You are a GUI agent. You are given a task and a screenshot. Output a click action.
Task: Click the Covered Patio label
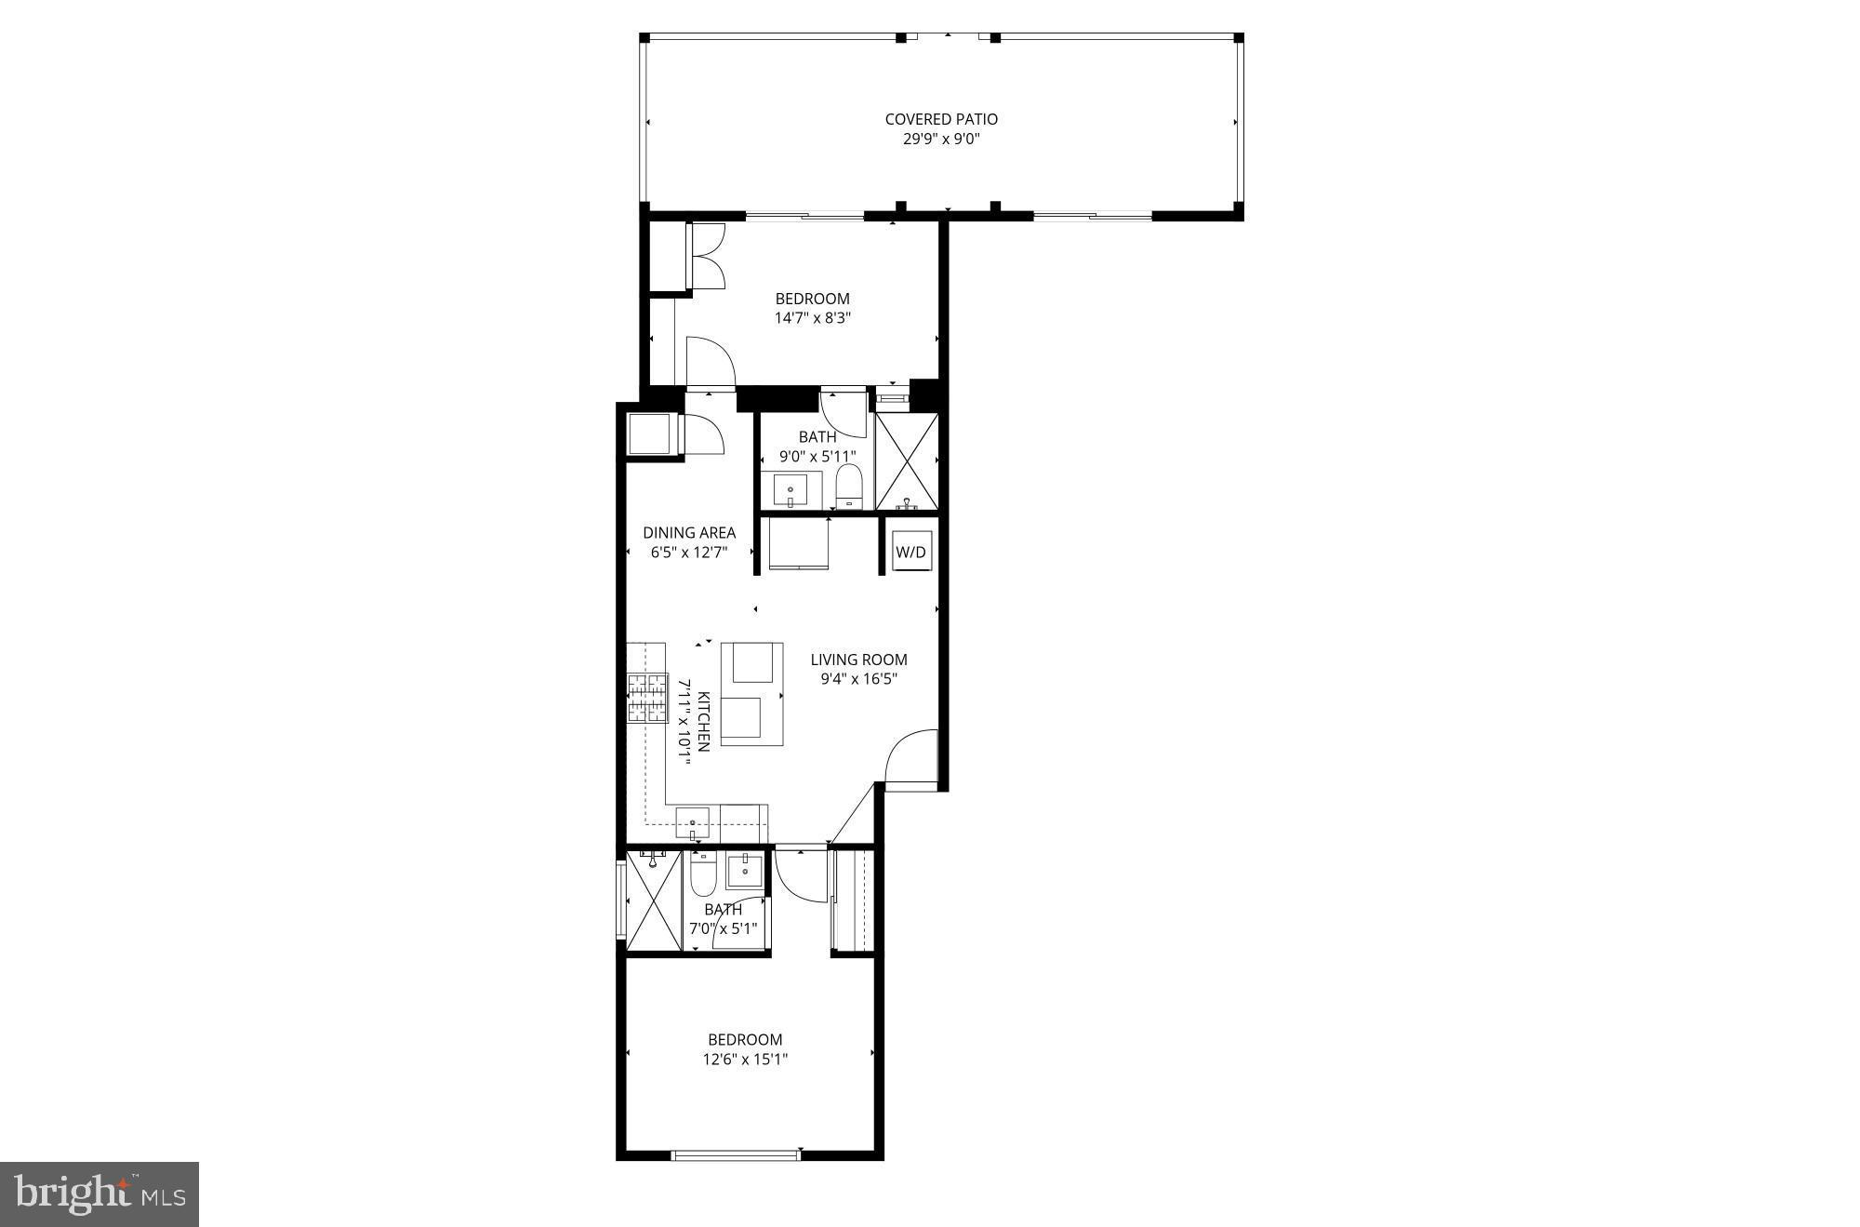(x=941, y=119)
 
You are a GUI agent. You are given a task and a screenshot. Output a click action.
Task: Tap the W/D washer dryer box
(x=910, y=552)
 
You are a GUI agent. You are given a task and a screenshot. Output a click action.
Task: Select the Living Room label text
(x=858, y=660)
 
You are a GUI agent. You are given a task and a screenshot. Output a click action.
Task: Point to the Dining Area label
(x=689, y=533)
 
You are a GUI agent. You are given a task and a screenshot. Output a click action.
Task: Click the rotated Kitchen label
(x=704, y=721)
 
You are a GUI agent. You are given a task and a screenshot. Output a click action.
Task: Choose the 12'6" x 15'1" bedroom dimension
(x=746, y=1059)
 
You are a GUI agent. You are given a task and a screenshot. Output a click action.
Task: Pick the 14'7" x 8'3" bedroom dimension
(x=813, y=318)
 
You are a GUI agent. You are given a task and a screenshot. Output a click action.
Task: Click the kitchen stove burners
(x=647, y=698)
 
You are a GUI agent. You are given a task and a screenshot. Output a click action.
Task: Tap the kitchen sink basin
(x=692, y=823)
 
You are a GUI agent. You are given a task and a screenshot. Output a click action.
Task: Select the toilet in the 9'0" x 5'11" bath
(x=849, y=487)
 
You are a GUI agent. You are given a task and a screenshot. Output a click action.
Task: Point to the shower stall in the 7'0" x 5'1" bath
(x=654, y=900)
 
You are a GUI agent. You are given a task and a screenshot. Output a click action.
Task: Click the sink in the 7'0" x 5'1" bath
(x=744, y=872)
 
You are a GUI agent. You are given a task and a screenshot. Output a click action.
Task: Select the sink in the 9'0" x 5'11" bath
(x=790, y=490)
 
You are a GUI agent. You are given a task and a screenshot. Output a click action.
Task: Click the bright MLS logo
(x=100, y=1194)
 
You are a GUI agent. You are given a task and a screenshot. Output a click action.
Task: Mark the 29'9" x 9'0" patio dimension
(x=941, y=140)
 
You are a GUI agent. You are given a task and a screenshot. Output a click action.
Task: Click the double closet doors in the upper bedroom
(x=708, y=256)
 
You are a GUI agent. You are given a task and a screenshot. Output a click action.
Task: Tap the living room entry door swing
(x=911, y=759)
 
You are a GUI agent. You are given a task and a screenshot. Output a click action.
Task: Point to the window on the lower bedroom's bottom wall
(x=735, y=1155)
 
